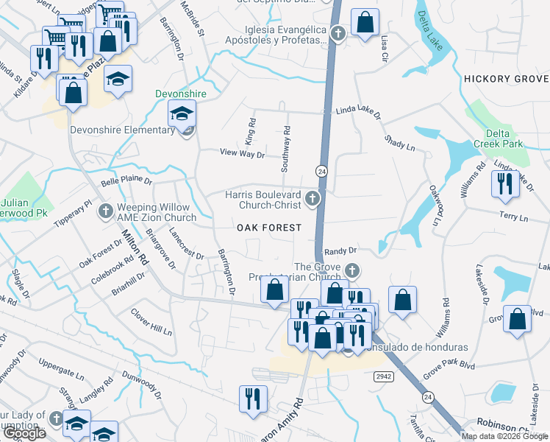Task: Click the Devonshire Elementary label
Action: (x=122, y=130)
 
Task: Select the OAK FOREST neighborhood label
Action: (x=269, y=228)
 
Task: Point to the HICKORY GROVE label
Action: (x=506, y=78)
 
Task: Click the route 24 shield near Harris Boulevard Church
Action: (x=321, y=171)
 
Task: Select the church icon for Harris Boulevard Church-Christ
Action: (x=313, y=198)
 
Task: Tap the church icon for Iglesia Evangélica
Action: (x=337, y=32)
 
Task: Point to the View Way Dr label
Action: (x=242, y=153)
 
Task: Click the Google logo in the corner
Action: (x=24, y=433)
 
